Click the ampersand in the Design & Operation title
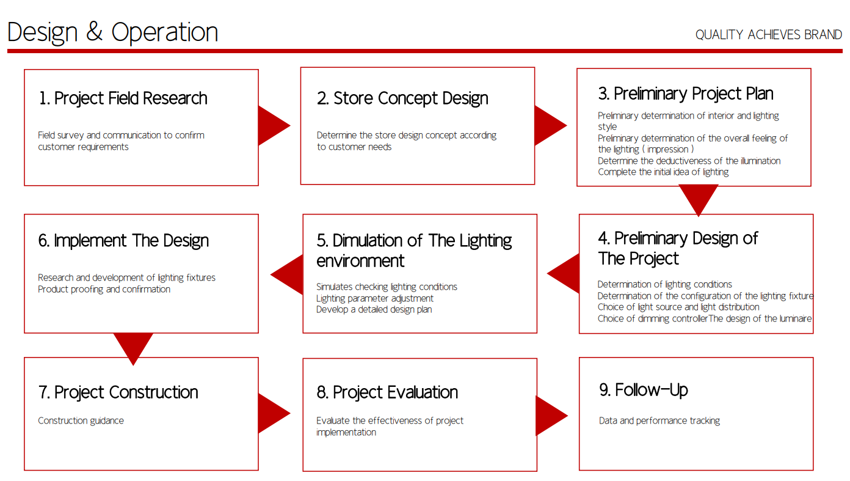[95, 32]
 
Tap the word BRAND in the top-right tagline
[823, 35]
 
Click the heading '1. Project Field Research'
[123, 98]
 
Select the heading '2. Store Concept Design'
[402, 98]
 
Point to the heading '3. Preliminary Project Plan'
[686, 94]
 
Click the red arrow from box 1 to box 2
[274, 126]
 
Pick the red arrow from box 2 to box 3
[551, 126]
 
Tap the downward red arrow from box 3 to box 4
[698, 200]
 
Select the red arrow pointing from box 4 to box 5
[563, 274]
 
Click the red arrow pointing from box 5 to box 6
[287, 274]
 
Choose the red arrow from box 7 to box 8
[274, 413]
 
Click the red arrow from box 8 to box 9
[552, 416]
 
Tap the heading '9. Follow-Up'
[644, 390]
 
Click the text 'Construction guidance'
[81, 421]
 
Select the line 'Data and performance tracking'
[659, 421]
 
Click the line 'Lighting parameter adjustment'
[375, 299]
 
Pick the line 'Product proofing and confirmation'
[104, 290]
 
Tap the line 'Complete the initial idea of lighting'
[663, 172]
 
